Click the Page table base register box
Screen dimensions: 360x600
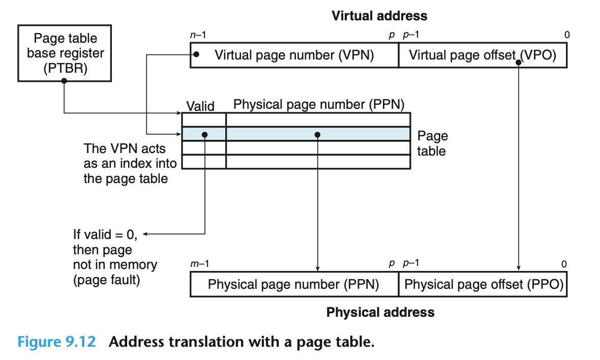65,53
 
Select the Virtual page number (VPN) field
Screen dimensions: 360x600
294,55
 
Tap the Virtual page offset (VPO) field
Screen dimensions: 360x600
482,55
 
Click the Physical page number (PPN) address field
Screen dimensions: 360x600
294,284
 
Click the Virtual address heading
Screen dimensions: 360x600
379,16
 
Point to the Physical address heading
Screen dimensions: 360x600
380,312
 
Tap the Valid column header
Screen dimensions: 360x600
200,106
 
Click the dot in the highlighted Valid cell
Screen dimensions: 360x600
204,135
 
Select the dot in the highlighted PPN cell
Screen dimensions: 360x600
317,135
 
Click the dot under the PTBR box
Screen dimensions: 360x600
64,84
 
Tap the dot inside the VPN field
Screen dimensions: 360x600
197,54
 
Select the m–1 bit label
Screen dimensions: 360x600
199,264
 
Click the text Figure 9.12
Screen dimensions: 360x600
56,341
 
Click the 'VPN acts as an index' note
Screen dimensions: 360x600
131,164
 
